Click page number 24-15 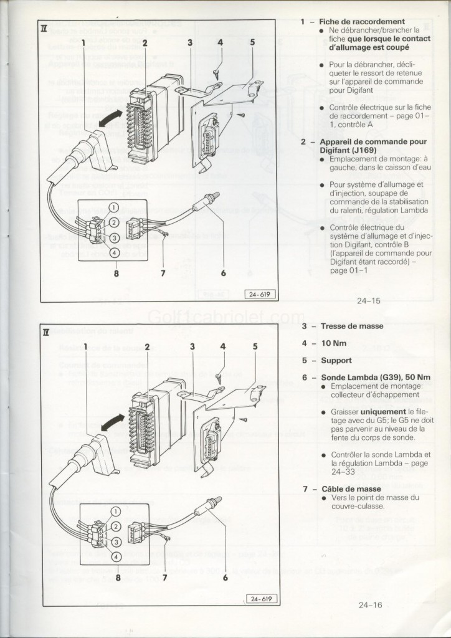pos(369,301)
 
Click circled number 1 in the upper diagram pos(114,207)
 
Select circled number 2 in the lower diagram pos(115,526)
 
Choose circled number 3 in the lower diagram pos(115,541)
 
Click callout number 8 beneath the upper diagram pos(116,273)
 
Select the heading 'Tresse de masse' pos(352,326)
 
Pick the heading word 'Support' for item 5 pos(336,360)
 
